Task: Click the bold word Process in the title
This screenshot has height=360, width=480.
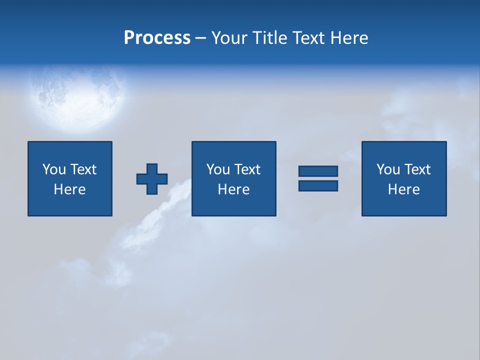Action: pos(157,38)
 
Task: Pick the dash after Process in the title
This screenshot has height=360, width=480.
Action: pos(201,38)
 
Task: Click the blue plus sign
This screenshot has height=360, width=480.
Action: pos(152,179)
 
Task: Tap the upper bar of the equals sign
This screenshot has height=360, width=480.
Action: pos(318,171)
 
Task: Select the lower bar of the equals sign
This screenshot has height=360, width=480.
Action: pos(318,185)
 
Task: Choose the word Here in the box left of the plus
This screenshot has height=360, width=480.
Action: pos(69,189)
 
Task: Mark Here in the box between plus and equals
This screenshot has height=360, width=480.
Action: pos(233,189)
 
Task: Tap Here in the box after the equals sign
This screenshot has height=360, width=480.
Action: pos(403,189)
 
